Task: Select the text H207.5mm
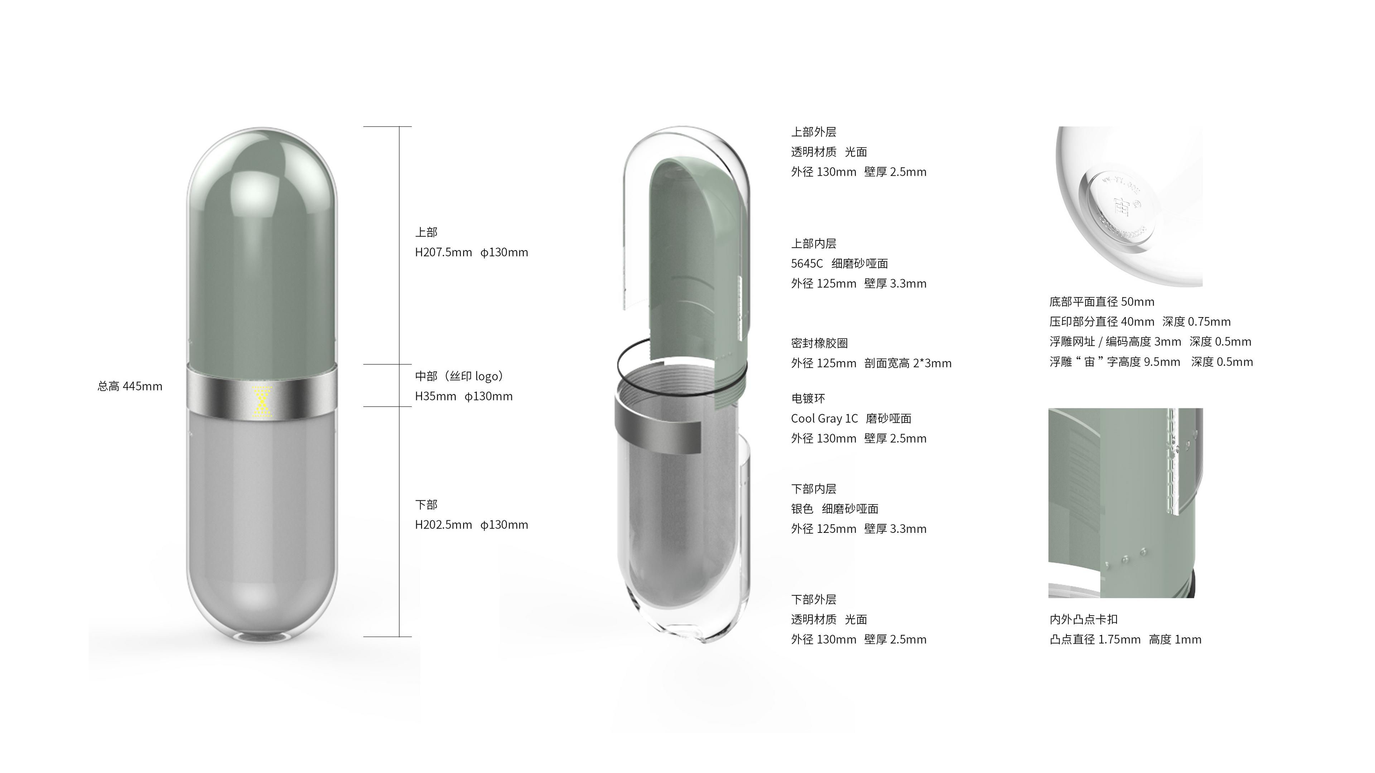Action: tap(444, 252)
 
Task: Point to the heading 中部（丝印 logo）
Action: tap(459, 376)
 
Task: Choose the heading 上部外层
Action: tap(814, 132)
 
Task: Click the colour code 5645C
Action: tap(807, 263)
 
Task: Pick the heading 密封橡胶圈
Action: tap(819, 343)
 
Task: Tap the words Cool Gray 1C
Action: tap(825, 419)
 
